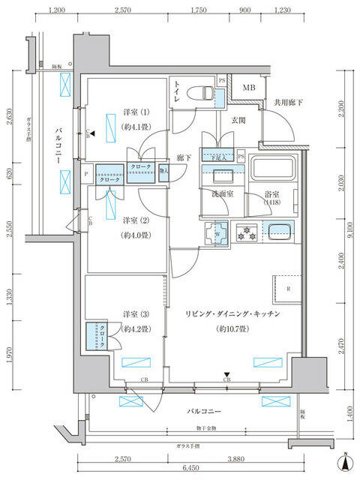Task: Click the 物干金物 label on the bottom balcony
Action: coord(199,428)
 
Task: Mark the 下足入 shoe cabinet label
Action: coord(218,157)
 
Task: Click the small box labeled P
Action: coord(88,173)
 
